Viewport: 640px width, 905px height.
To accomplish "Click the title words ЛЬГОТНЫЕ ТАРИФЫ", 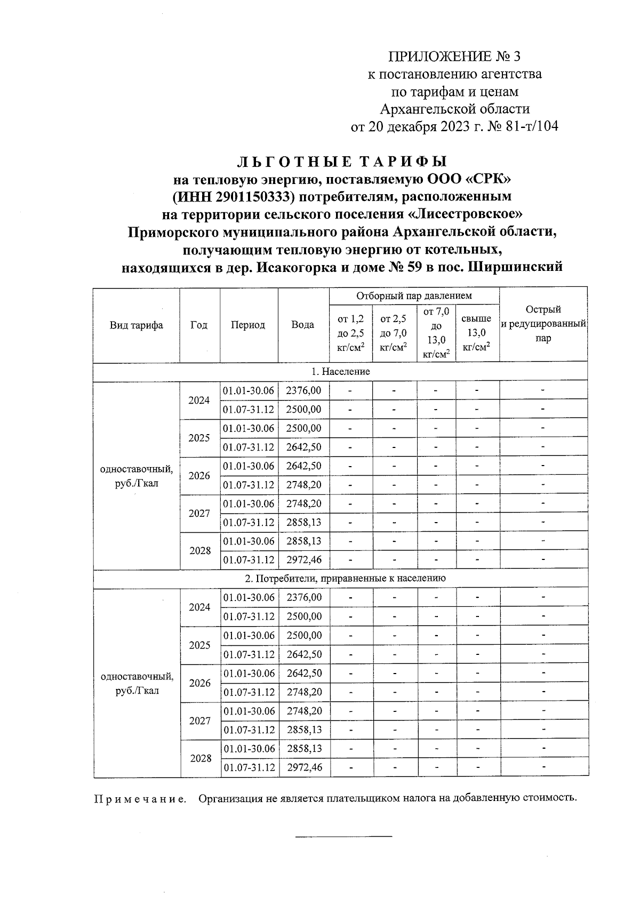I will (341, 161).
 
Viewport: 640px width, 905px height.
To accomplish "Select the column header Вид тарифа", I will (137, 325).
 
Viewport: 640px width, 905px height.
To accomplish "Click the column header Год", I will (199, 325).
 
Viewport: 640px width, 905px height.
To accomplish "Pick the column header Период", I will (248, 325).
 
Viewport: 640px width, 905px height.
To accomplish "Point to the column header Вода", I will (303, 325).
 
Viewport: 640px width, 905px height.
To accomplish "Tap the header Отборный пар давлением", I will (414, 295).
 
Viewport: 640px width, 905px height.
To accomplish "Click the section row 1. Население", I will (341, 371).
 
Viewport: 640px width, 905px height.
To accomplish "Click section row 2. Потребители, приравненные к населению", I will (341, 578).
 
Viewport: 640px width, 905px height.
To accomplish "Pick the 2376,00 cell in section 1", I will (303, 390).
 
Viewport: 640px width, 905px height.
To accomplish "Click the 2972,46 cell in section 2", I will (304, 767).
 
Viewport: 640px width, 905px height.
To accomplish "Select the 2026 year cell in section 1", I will (199, 475).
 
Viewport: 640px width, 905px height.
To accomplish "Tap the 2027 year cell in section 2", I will (199, 720).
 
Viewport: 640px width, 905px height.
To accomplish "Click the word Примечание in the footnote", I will (140, 799).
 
